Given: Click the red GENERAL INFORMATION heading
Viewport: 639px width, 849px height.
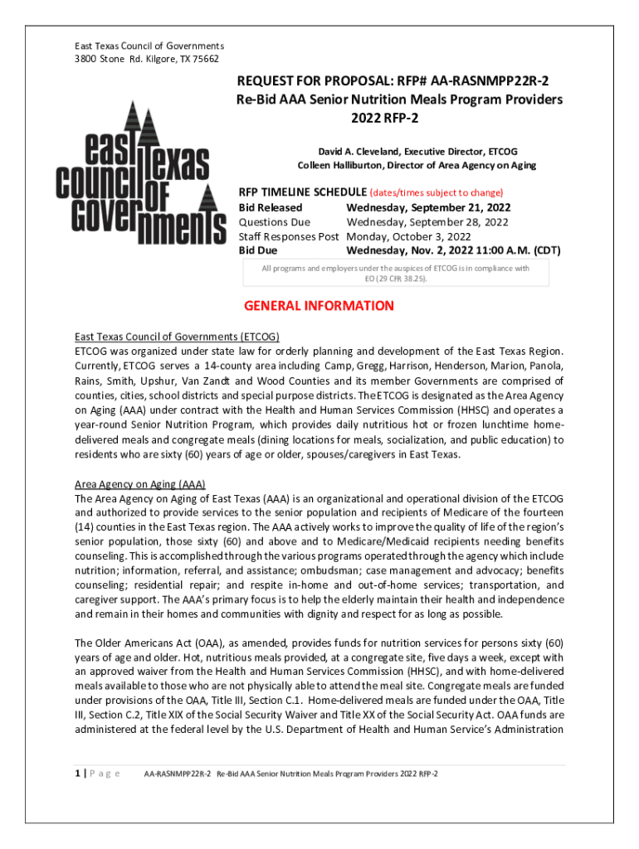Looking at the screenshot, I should pyautogui.click(x=319, y=306).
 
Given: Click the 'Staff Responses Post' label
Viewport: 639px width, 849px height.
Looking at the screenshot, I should pyautogui.click(x=289, y=236).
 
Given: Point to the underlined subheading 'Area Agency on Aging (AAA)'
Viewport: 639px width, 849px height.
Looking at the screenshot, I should pyautogui.click(x=140, y=484).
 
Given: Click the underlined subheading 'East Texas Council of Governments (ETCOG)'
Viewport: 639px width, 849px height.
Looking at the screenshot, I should pyautogui.click(x=177, y=337).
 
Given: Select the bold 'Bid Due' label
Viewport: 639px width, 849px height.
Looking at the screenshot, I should pyautogui.click(x=259, y=250).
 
